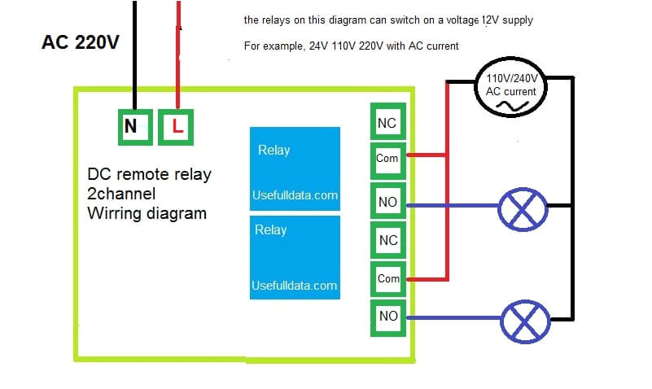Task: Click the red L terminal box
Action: [x=177, y=127]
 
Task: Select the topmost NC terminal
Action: [x=387, y=123]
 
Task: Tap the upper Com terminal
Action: [x=387, y=158]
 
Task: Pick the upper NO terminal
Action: [x=387, y=200]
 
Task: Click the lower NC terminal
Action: [x=387, y=240]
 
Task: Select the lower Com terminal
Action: [x=387, y=278]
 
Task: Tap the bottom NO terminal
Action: [x=387, y=317]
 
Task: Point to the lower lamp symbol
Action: [x=523, y=323]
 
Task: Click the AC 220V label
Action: [x=80, y=42]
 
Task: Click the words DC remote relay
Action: [x=149, y=175]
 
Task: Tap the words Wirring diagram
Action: [x=147, y=214]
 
